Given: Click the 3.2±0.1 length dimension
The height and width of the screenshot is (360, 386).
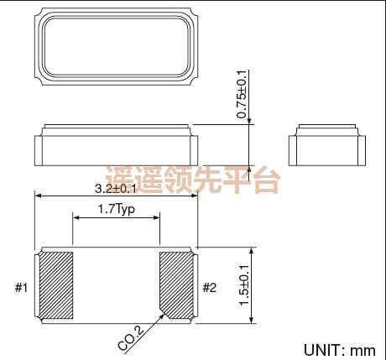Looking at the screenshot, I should tap(117, 190).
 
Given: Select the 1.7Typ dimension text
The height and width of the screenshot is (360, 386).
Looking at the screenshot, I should tap(117, 209).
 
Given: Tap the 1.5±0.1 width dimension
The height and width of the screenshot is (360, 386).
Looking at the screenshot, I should tap(244, 284).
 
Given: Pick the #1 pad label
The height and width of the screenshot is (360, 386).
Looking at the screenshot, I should tap(22, 289).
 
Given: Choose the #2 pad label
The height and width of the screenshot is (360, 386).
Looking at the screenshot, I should tap(210, 289).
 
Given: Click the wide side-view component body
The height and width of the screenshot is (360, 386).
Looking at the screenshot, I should tap(117, 148).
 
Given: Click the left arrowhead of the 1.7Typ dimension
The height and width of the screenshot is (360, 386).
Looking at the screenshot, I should tap(76, 218).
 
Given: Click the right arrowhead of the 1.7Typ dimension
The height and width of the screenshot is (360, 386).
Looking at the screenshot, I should tap(157, 218).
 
